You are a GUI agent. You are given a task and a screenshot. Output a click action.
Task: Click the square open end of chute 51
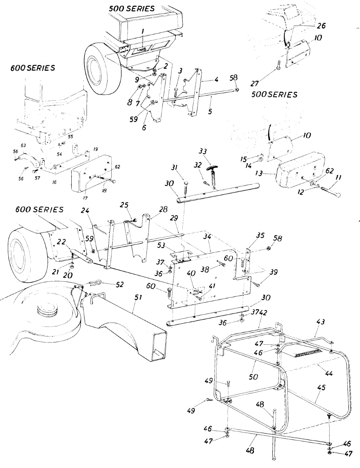(x=159, y=346)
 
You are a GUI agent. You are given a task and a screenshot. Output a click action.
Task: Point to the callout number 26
(x=322, y=26)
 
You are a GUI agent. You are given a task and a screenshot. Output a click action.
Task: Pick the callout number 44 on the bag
(x=329, y=373)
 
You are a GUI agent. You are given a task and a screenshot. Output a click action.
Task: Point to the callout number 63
(x=23, y=146)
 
